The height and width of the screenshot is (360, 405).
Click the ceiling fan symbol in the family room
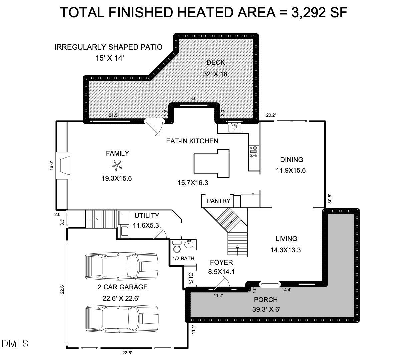click(117, 165)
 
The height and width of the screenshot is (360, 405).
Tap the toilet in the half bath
click(177, 247)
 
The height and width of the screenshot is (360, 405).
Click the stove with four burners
click(254, 152)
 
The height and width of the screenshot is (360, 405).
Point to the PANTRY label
click(218, 201)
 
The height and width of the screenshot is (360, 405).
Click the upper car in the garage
click(122, 266)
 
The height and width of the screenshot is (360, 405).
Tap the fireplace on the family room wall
click(63, 165)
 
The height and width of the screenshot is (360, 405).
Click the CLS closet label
click(190, 278)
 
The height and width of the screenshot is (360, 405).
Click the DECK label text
click(215, 62)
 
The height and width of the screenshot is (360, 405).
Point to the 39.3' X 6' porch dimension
click(266, 309)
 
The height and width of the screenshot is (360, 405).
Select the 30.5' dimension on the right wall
click(330, 199)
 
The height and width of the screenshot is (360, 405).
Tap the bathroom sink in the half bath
click(189, 244)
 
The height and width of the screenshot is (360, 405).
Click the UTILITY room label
click(147, 216)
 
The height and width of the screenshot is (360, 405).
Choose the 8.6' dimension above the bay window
click(194, 98)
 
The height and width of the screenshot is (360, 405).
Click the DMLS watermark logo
click(15, 343)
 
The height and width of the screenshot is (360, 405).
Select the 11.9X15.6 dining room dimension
click(291, 170)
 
